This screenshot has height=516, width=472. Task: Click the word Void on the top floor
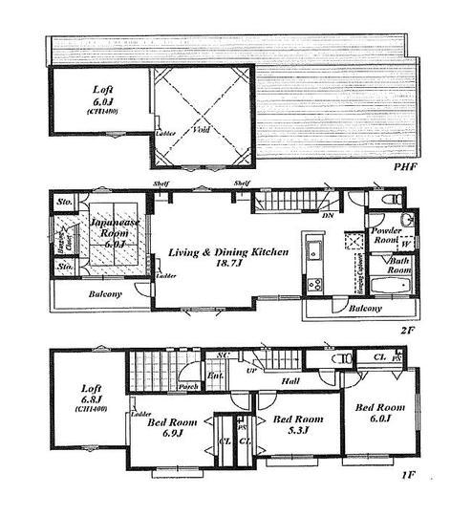202,128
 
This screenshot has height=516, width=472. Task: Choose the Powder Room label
386,236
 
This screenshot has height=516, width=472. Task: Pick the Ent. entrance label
214,378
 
